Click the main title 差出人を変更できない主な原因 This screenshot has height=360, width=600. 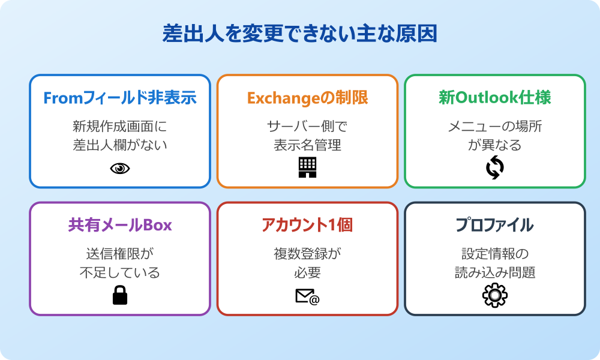(x=299, y=34)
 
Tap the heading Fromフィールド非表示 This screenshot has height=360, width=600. (x=120, y=98)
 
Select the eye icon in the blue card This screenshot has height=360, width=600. (x=120, y=169)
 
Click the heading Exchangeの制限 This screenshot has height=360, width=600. (x=307, y=98)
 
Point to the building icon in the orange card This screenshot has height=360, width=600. (x=307, y=167)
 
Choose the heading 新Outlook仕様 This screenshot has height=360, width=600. (x=494, y=98)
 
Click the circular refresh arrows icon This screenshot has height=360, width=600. (x=495, y=168)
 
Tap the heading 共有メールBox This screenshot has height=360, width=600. (x=120, y=225)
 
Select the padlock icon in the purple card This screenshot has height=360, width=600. (x=120, y=295)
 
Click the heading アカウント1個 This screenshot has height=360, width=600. (x=307, y=225)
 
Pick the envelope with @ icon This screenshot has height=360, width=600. (x=307, y=296)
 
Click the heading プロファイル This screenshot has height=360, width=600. (x=494, y=225)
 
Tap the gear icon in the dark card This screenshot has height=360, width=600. (x=495, y=295)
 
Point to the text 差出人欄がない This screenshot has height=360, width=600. (x=120, y=145)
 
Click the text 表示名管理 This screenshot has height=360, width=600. (x=307, y=145)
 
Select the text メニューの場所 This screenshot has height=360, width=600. (x=495, y=127)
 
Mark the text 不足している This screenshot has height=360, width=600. (x=120, y=272)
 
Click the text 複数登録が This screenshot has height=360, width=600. (x=307, y=254)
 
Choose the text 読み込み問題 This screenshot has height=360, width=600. (x=495, y=272)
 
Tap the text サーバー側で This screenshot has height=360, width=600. (x=307, y=127)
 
